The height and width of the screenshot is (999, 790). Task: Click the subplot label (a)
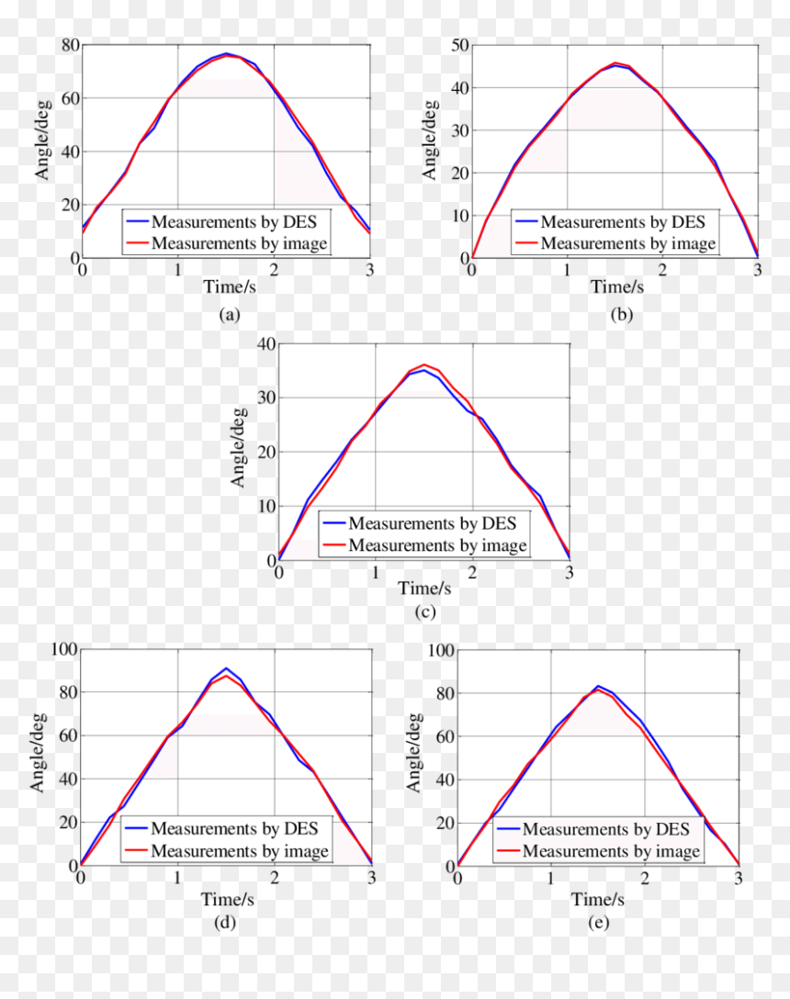tap(229, 315)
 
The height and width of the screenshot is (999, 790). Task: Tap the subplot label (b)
tap(621, 315)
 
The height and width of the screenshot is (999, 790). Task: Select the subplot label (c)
tap(424, 612)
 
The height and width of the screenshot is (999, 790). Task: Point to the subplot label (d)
tap(225, 922)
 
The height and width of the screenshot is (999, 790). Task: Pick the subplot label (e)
tap(598, 922)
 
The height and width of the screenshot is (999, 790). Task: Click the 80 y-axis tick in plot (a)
tap(70, 45)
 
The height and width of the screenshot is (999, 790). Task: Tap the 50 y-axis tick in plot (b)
tap(459, 45)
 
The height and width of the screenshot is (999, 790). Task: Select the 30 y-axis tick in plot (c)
tap(266, 398)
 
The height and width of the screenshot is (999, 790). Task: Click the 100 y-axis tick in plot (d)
tap(63, 649)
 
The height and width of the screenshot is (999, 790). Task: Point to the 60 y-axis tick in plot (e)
tap(445, 736)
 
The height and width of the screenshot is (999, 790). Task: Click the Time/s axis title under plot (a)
tap(230, 287)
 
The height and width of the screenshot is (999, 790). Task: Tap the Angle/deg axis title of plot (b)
tap(430, 140)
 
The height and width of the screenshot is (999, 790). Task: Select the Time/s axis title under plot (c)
tap(424, 588)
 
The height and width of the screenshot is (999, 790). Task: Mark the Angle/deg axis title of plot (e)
tap(413, 752)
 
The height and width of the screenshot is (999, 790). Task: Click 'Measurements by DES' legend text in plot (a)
tap(234, 221)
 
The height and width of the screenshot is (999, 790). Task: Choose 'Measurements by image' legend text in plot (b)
tap(628, 243)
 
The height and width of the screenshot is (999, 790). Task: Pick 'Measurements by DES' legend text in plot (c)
tap(433, 523)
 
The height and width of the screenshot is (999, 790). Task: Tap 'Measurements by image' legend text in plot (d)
tap(240, 851)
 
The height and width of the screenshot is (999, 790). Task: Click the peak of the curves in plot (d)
tap(226, 669)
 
